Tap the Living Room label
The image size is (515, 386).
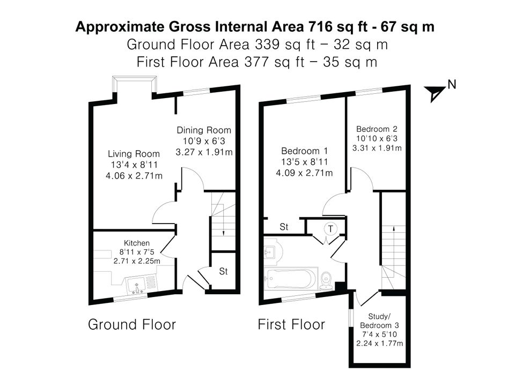(x=134, y=154)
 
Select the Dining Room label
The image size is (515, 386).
(x=204, y=130)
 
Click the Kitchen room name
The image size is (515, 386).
(x=137, y=243)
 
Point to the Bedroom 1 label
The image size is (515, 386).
(x=305, y=151)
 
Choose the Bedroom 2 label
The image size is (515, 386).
(x=377, y=129)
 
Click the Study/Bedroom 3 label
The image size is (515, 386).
(x=379, y=321)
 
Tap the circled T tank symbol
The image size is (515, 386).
(x=330, y=228)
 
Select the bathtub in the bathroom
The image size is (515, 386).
(x=291, y=279)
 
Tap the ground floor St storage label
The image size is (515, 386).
(x=223, y=271)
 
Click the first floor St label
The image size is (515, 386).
(x=284, y=227)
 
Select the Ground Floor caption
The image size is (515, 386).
(x=132, y=324)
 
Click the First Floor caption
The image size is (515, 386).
(x=291, y=324)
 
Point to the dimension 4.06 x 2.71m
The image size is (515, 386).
(x=134, y=176)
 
